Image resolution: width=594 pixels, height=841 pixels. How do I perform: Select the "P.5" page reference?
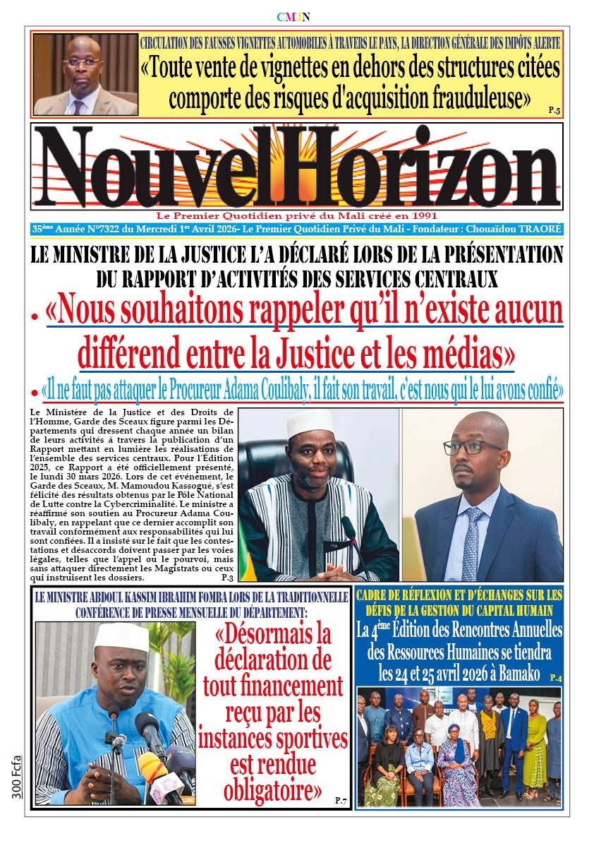click(x=554, y=110)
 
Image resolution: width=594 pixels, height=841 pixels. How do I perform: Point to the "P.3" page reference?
click(x=226, y=578)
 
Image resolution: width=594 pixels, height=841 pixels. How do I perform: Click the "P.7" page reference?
click(x=341, y=800)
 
